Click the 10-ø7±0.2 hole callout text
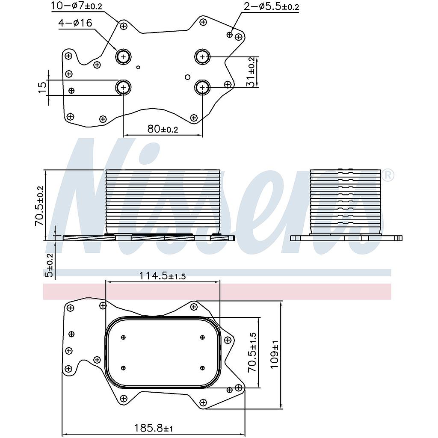(77, 6)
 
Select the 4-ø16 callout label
(75, 23)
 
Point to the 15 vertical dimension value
(42, 87)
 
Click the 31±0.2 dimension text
(252, 72)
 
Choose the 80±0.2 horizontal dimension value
(163, 129)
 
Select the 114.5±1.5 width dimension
(163, 276)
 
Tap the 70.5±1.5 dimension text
(253, 352)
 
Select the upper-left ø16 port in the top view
(124, 56)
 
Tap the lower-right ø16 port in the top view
(202, 88)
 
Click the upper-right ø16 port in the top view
(202, 56)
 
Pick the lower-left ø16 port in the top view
(124, 88)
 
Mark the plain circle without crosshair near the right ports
(187, 77)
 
